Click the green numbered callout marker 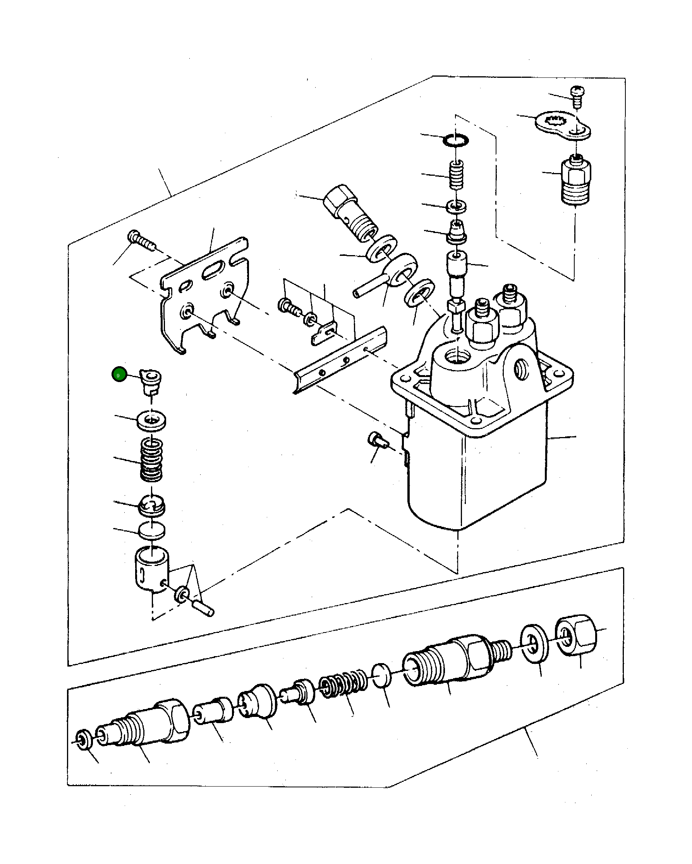[x=119, y=374]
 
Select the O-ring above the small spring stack [x=455, y=140]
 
